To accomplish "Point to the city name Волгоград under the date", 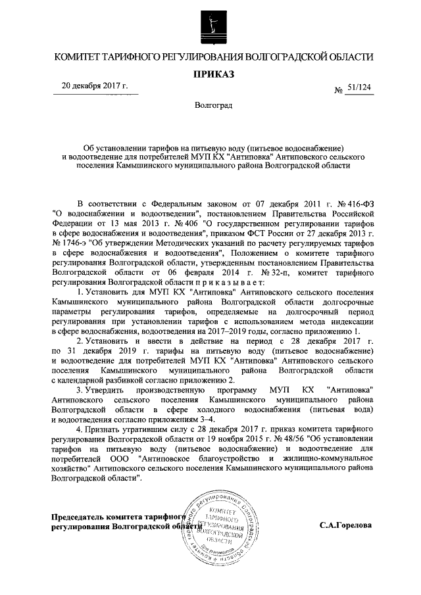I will [x=212, y=106].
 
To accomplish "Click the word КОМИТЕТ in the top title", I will [x=82, y=57].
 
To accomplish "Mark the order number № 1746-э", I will [x=73, y=244].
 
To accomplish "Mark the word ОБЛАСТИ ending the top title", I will [x=343, y=57].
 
